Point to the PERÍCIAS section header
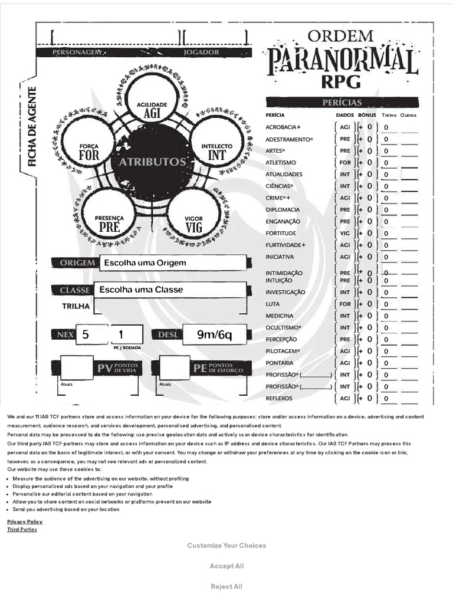[x=342, y=102]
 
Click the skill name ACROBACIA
[x=283, y=127]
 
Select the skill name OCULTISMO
[x=283, y=327]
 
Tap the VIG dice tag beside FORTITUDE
[x=345, y=234]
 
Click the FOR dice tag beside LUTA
[x=345, y=304]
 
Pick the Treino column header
[x=389, y=115]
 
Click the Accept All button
[x=226, y=566]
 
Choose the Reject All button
[x=226, y=587]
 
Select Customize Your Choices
[x=226, y=546]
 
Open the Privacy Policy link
[x=25, y=522]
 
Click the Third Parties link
[x=22, y=530]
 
